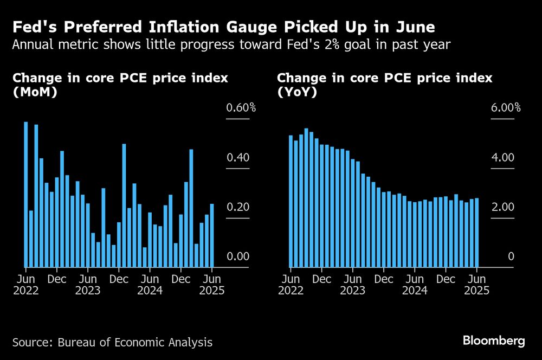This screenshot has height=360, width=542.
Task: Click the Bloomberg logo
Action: coord(494,341)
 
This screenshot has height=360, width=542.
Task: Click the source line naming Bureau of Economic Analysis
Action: coord(112,342)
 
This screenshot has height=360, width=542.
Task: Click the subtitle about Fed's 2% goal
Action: coord(231,44)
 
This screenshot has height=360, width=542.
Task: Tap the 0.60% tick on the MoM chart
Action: coord(241,107)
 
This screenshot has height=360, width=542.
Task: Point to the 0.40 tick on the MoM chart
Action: coord(238,158)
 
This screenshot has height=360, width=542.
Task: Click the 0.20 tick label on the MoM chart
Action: coord(238,207)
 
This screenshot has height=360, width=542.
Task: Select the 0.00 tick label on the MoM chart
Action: coord(238,256)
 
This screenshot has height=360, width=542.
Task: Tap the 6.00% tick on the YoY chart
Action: coord(506,107)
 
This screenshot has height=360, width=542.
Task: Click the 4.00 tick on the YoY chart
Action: coord(502,158)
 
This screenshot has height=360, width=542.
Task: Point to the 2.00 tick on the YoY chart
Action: coord(502,207)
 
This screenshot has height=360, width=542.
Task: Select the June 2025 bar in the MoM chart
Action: coord(212,235)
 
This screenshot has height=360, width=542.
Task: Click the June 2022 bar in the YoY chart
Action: coord(291,201)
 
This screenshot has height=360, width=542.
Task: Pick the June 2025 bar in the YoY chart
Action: coord(476,233)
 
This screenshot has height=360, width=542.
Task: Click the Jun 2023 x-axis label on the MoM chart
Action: coord(88,285)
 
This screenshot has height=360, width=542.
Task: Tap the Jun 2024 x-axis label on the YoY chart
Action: coord(415,285)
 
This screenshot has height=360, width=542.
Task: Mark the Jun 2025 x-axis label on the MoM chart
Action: coord(212,285)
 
